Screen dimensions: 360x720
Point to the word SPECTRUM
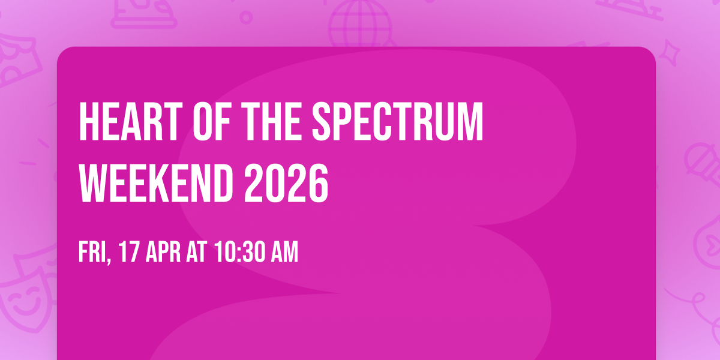pos(398,122)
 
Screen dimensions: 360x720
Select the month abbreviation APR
pos(163,253)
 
